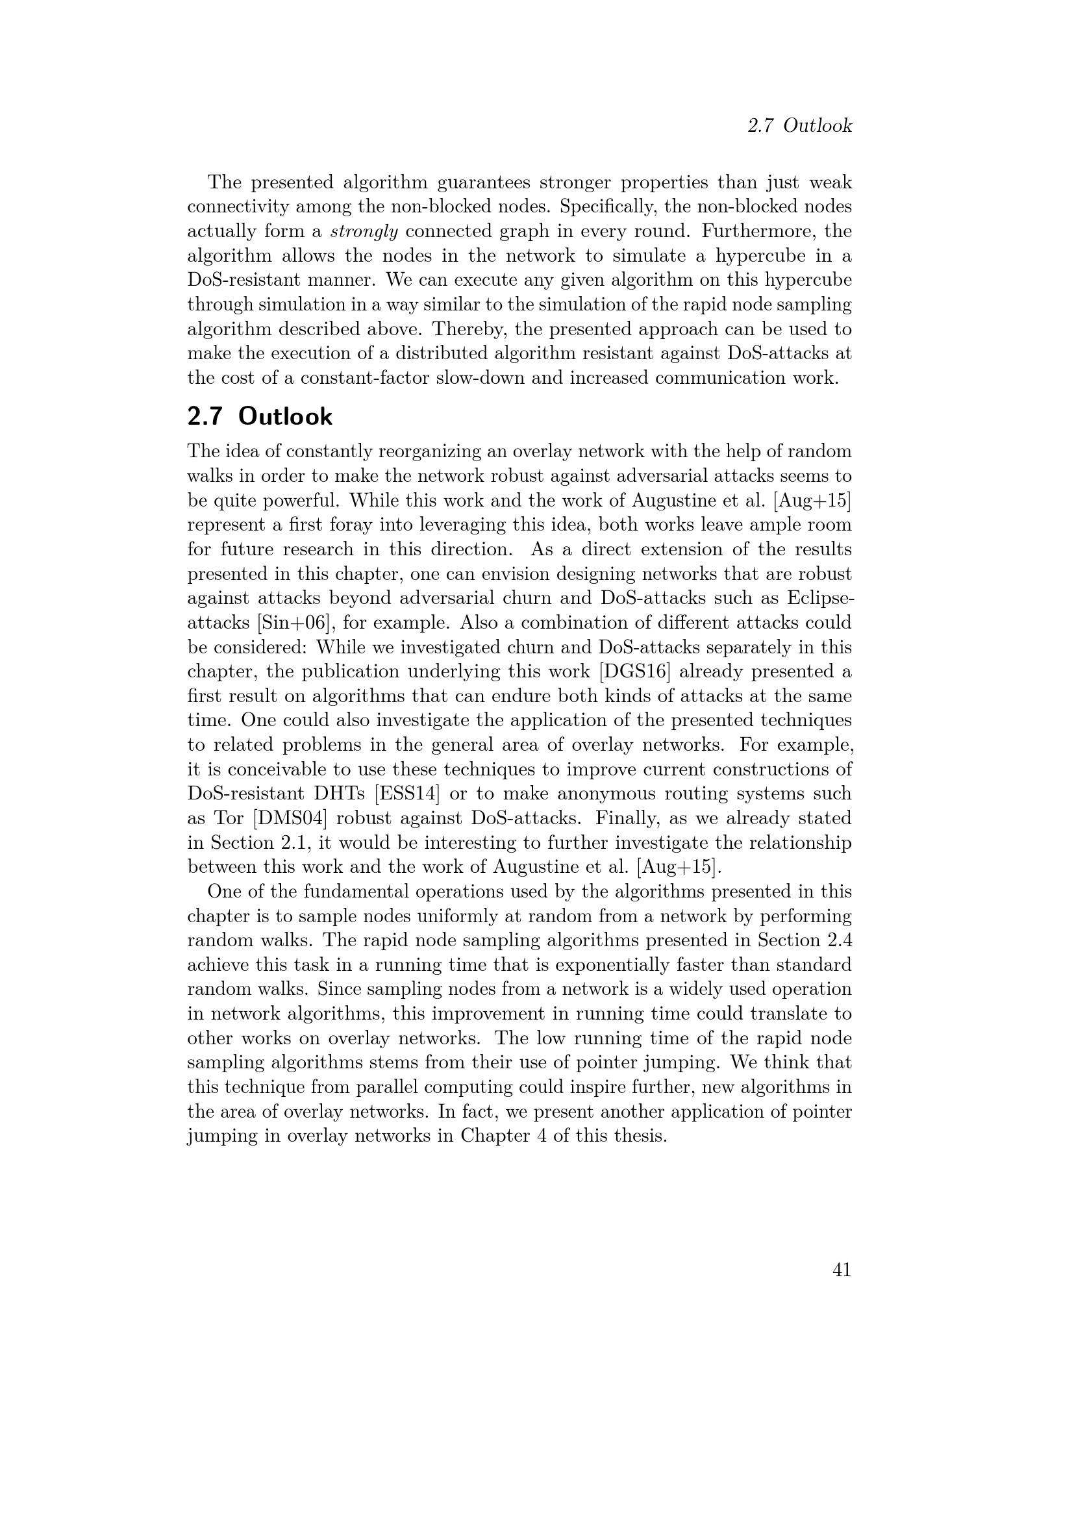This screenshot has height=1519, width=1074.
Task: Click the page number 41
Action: point(841,1270)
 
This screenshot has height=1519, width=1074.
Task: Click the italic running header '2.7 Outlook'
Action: point(799,126)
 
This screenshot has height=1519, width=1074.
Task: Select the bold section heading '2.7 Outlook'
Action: point(260,416)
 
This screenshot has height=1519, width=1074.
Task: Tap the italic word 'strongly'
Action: point(364,232)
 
